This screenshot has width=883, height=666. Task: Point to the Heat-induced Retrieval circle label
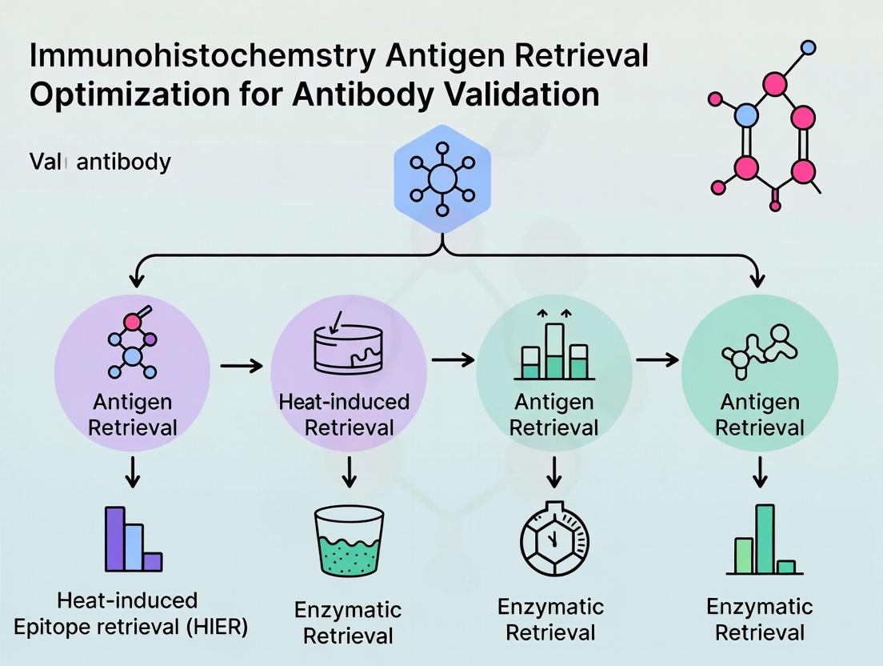point(344,414)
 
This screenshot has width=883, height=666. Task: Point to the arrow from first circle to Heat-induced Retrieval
point(241,366)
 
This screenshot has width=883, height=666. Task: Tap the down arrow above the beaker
point(349,474)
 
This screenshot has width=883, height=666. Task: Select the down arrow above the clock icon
point(553,474)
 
